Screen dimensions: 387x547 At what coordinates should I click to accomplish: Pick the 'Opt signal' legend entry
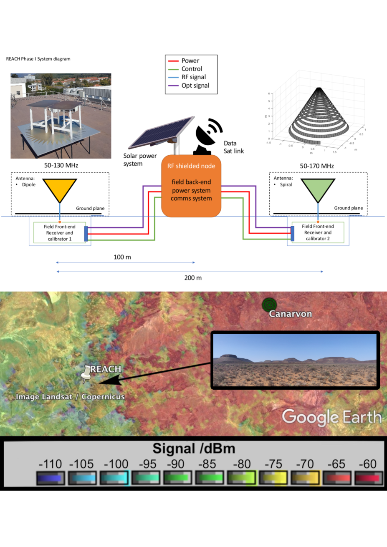195,86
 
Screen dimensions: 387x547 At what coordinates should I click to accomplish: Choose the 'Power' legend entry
190,60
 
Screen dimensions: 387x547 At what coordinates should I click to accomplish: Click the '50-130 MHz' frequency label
61,165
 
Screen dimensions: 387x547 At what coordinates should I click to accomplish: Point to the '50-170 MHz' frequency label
317,166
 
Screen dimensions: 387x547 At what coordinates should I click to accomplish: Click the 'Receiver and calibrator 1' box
60,233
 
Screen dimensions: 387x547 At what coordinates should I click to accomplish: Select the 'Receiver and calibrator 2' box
318,232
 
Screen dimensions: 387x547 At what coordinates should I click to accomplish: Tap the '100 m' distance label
122,257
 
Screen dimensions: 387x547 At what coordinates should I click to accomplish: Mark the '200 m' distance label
193,277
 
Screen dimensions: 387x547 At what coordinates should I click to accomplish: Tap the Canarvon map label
290,314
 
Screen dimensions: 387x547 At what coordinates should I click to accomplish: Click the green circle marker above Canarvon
269,305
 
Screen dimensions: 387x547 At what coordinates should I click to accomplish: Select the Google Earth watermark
331,417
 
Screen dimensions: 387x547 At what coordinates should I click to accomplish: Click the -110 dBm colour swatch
50,477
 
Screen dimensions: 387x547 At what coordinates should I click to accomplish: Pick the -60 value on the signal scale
367,464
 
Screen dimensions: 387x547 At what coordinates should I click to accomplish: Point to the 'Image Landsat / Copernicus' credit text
70,397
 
